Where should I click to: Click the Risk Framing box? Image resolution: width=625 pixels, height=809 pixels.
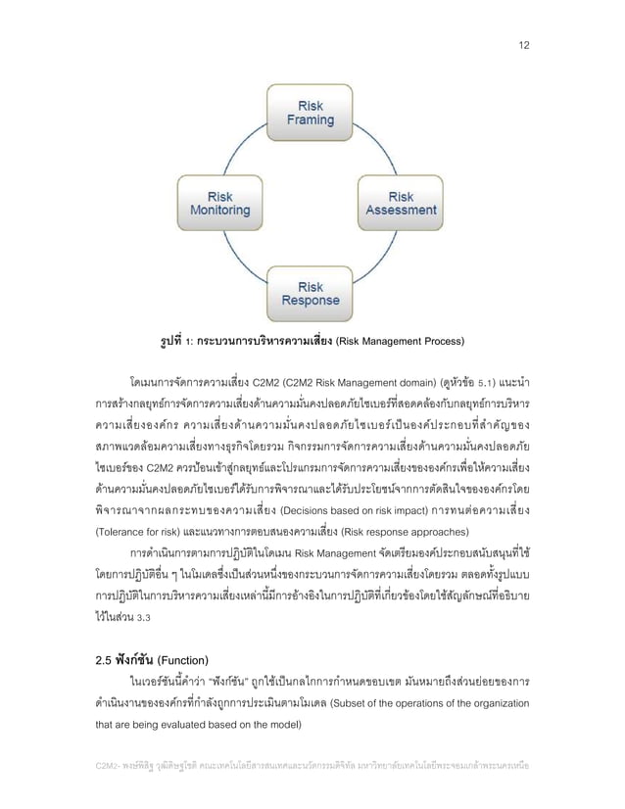coord(310,114)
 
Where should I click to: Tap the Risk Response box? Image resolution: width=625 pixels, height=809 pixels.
coord(310,293)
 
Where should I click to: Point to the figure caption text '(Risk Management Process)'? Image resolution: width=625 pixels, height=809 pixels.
coord(400,342)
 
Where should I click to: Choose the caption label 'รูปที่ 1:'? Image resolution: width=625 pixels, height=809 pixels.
coord(168,342)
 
